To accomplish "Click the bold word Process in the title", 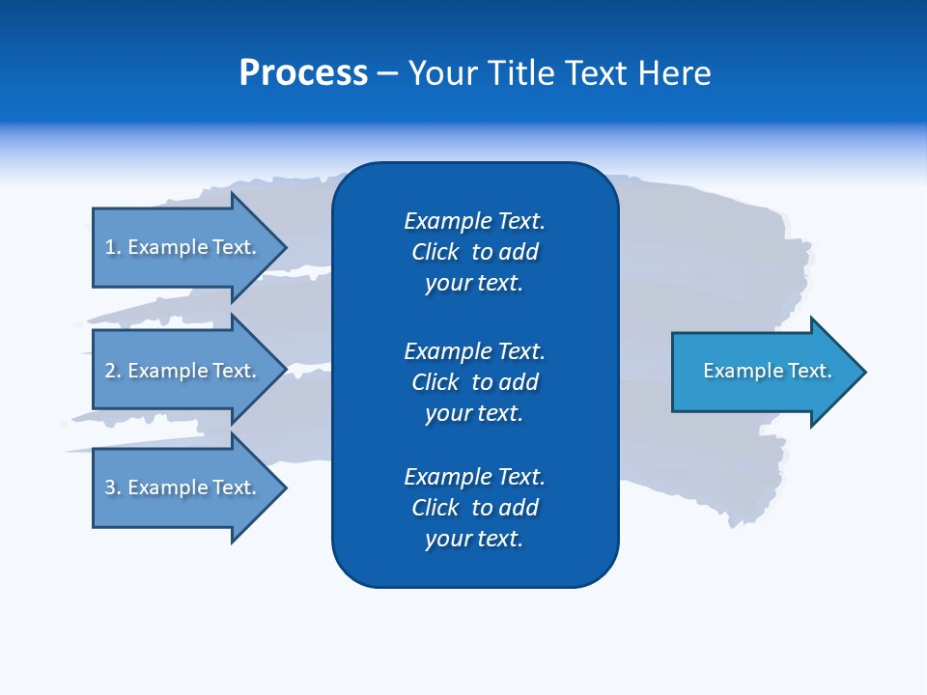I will pos(303,73).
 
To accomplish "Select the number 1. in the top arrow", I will pos(113,247).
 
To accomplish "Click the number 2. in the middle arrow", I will pos(113,371).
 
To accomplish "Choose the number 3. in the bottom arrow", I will pos(113,487).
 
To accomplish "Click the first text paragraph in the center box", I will pos(474,252).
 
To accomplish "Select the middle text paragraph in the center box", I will pos(474,381).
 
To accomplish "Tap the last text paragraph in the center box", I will pos(474,508).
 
